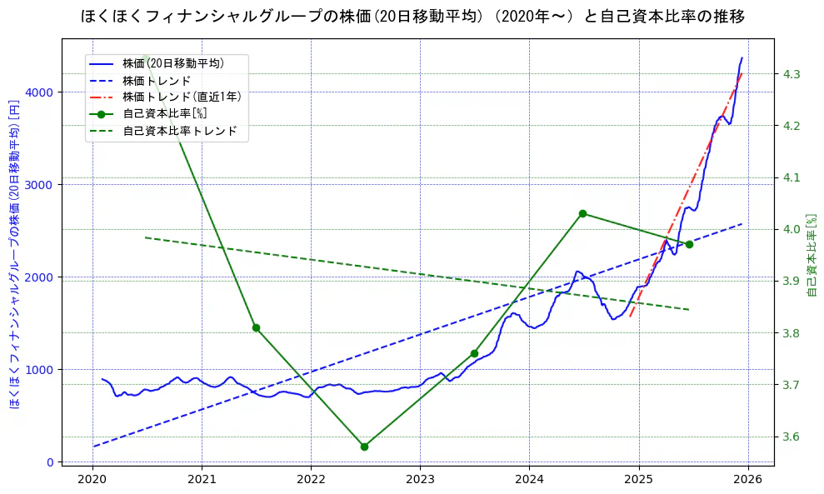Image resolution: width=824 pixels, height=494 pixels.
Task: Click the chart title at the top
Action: click(412, 16)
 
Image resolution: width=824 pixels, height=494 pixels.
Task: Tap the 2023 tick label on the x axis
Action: click(420, 479)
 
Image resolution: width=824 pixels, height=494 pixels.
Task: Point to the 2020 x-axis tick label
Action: click(92, 479)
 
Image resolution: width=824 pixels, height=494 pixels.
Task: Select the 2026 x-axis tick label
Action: click(747, 479)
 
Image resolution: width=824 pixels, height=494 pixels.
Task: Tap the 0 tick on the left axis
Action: click(50, 462)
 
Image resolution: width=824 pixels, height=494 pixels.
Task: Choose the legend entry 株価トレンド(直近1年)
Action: click(182, 97)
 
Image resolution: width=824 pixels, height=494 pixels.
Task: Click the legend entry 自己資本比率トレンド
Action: click(179, 131)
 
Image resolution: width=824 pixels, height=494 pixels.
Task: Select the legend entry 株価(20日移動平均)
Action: click(172, 62)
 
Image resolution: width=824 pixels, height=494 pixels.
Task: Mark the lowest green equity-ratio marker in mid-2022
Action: click(364, 447)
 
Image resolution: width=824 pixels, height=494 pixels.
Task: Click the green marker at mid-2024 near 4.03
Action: click(582, 214)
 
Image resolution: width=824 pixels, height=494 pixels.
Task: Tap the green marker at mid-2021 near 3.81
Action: click(256, 327)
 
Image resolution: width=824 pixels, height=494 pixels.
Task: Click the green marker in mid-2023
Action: click(474, 353)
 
